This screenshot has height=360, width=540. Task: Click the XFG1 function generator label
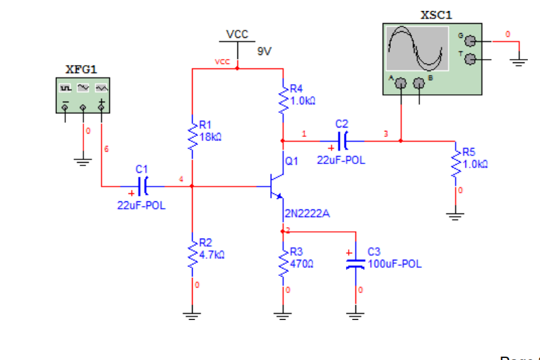tap(81, 69)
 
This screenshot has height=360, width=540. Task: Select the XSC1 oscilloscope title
tap(436, 14)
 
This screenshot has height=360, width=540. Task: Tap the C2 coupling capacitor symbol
tap(343, 141)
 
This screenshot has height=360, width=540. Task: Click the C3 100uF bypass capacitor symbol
tap(353, 262)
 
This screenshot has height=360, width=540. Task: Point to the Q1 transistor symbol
tap(277, 184)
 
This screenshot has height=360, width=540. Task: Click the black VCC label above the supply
tap(237, 34)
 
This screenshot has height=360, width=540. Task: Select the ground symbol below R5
tap(456, 216)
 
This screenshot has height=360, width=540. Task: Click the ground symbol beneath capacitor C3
tap(353, 313)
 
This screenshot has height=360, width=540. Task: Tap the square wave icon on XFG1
tap(66, 88)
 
